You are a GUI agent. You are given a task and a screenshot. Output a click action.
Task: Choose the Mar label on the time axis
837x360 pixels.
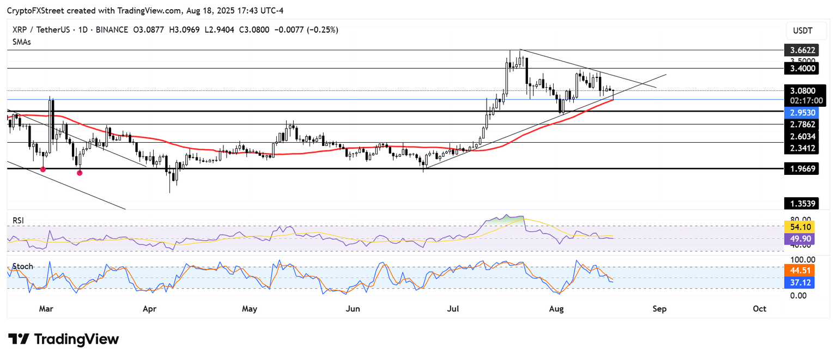46,309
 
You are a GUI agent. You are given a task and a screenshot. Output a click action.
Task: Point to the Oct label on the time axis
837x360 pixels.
759,309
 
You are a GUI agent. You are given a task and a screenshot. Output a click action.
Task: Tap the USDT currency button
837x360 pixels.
803,30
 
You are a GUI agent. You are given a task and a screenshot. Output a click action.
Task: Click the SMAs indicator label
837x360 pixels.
22,41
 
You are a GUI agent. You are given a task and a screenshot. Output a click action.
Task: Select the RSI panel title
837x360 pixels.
19,221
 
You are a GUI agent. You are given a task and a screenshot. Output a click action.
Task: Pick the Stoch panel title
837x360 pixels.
23,266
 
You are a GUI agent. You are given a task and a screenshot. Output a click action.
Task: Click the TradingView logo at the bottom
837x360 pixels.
63,339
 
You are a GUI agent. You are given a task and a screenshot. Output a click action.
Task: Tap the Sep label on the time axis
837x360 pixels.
659,309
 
